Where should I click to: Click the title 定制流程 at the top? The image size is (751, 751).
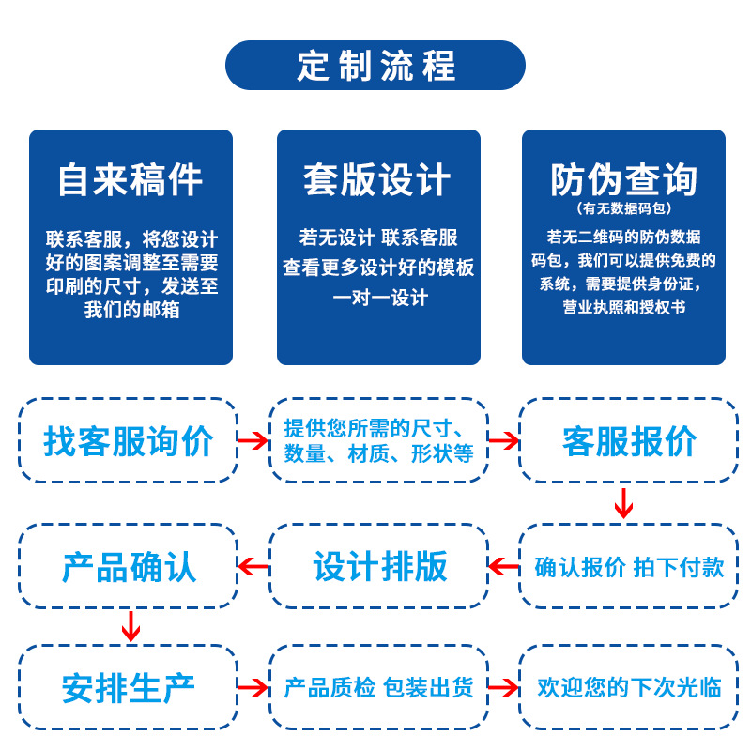(375, 66)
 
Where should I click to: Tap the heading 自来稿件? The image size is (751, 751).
(130, 179)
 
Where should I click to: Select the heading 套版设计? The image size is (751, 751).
(377, 179)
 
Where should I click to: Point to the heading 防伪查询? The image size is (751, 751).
(623, 177)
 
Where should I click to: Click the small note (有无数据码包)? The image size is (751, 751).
(623, 207)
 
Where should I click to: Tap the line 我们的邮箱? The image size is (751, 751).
(131, 310)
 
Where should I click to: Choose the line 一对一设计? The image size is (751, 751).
(379, 298)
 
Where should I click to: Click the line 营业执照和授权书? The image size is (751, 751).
(623, 307)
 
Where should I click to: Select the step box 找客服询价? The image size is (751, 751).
(129, 440)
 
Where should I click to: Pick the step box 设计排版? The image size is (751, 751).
(379, 566)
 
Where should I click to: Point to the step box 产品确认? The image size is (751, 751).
(129, 566)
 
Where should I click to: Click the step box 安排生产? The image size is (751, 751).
(129, 688)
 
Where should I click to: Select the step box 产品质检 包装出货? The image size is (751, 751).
(379, 688)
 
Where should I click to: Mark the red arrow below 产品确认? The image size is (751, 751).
(130, 626)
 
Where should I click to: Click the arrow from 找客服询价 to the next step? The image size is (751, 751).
(253, 440)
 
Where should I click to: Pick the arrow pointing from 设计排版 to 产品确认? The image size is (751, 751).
(253, 566)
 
